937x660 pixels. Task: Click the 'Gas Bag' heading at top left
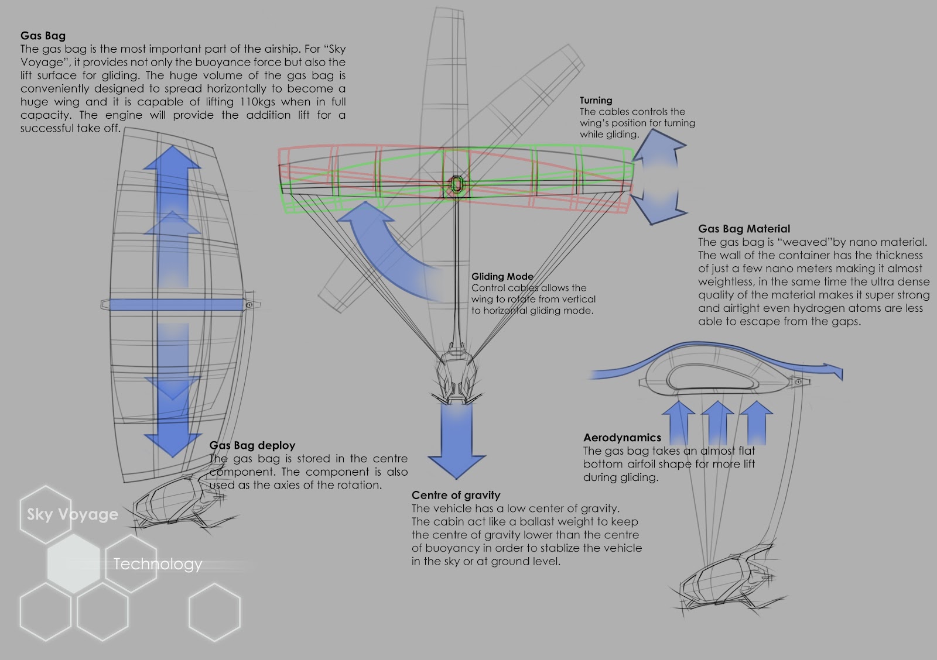click(x=43, y=36)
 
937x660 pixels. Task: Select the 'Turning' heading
click(x=596, y=100)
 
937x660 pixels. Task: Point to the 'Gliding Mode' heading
click(x=502, y=276)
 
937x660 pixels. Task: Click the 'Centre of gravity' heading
click(x=456, y=495)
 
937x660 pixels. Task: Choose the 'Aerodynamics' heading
click(x=622, y=438)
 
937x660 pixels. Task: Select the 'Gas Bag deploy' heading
click(x=252, y=445)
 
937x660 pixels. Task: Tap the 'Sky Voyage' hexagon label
click(x=72, y=514)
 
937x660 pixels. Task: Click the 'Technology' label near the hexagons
click(x=158, y=564)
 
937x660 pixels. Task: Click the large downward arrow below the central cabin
click(x=457, y=439)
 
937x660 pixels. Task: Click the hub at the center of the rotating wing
click(x=456, y=184)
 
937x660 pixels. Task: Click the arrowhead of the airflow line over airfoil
click(x=836, y=372)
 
